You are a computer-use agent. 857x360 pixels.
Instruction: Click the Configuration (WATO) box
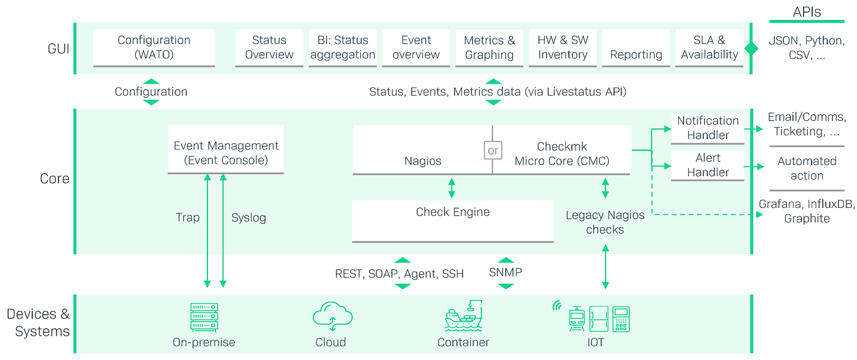click(x=154, y=47)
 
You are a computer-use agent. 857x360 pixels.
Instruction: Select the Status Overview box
click(x=269, y=47)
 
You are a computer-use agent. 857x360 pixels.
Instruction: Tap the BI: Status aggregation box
click(x=343, y=47)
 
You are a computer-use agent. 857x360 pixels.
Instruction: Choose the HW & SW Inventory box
click(x=563, y=47)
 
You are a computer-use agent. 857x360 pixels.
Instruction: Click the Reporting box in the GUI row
click(x=636, y=54)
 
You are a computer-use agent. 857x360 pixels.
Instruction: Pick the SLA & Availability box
click(x=709, y=47)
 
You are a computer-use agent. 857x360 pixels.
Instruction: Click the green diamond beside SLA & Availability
click(x=751, y=48)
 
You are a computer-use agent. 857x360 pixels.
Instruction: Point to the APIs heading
click(x=807, y=12)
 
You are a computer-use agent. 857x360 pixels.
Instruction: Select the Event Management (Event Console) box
click(x=226, y=153)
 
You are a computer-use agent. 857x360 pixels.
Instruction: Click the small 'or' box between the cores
click(x=492, y=150)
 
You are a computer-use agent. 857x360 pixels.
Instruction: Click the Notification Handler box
click(x=708, y=128)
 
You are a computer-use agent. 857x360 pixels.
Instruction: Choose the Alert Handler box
click(x=708, y=165)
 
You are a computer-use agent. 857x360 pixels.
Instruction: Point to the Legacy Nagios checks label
click(x=605, y=222)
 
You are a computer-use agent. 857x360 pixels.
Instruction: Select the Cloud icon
click(x=332, y=317)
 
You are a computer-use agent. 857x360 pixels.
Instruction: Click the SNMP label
click(x=506, y=272)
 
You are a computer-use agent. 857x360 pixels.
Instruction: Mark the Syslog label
click(x=248, y=218)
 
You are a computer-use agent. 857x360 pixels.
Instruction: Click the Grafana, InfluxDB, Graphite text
click(x=807, y=211)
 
